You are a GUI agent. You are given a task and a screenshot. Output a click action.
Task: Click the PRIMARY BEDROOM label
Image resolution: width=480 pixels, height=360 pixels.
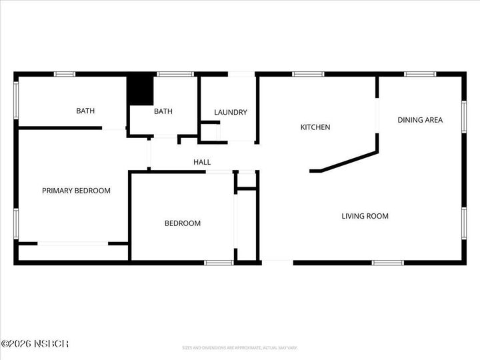[76, 191]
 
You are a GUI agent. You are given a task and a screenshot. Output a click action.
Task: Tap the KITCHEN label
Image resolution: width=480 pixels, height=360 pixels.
[315, 127]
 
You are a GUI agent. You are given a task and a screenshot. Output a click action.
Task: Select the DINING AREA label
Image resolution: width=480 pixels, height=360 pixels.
[420, 120]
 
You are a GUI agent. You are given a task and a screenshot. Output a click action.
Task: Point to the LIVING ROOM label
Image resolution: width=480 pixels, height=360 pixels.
[365, 216]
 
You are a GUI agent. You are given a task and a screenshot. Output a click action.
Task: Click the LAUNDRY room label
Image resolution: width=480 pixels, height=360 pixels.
[231, 112]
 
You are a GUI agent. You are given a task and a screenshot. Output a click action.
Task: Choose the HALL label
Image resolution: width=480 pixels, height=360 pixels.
[202, 162]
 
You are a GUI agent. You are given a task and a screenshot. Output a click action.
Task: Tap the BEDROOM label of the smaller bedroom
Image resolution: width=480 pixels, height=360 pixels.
[183, 223]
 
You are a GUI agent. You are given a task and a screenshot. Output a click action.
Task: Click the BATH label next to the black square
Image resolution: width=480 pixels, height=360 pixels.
[163, 111]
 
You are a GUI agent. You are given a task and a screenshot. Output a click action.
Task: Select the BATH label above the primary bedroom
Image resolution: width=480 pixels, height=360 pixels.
[85, 111]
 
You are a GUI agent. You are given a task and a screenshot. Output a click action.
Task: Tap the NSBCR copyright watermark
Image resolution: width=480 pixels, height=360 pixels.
[35, 344]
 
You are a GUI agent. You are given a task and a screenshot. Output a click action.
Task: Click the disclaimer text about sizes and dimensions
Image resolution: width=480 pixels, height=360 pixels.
[240, 347]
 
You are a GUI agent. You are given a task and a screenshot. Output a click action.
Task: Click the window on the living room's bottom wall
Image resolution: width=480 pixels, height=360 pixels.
[387, 262]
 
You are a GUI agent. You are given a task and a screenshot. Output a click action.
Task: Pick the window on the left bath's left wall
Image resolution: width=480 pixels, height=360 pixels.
[16, 101]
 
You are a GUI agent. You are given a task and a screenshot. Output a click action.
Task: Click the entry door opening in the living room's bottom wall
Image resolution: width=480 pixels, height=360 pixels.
[277, 261]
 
